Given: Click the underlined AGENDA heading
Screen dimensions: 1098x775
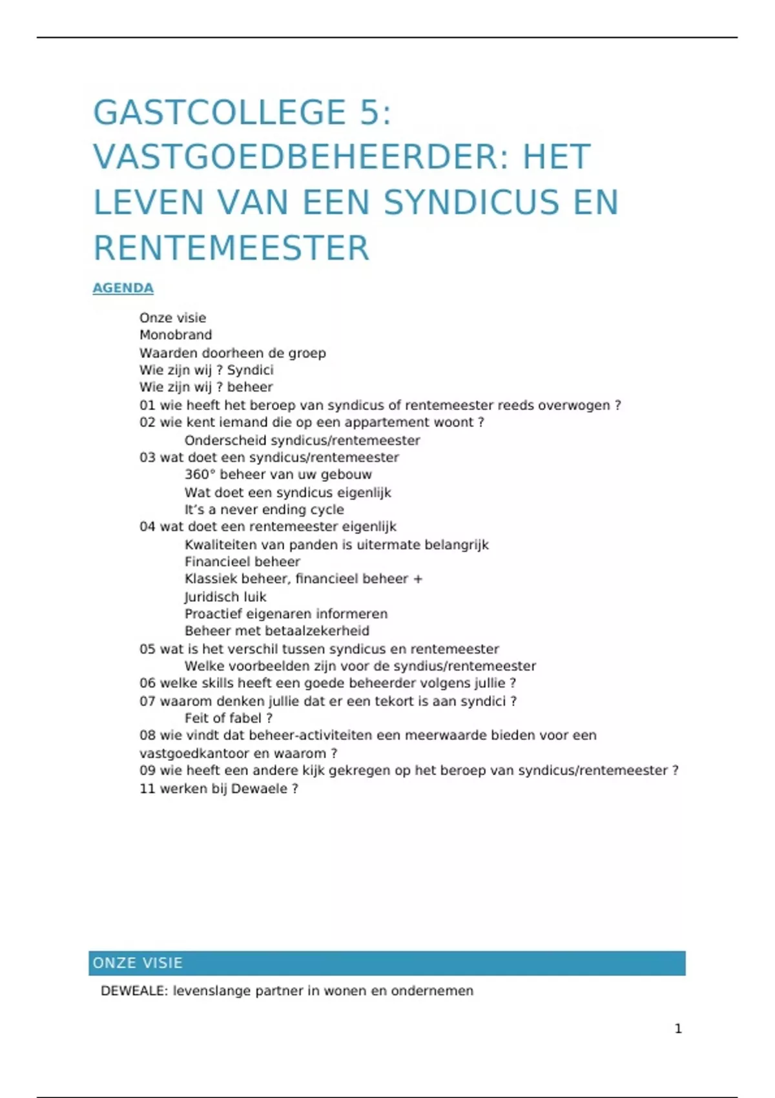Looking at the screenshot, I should pyautogui.click(x=123, y=288).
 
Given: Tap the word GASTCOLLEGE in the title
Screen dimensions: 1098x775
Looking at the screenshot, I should pyautogui.click(x=220, y=112).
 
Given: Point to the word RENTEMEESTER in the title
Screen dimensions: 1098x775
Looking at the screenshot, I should pyautogui.click(x=231, y=248).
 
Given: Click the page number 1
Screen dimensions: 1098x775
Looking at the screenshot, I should pyautogui.click(x=678, y=1028).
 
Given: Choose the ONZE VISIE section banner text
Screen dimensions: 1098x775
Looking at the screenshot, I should pyautogui.click(x=138, y=963).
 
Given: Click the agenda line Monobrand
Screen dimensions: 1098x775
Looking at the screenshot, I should pyautogui.click(x=176, y=335).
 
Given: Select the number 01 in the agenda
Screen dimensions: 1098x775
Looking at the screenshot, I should pyautogui.click(x=147, y=406).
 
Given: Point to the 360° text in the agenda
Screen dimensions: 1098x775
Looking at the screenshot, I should pyautogui.click(x=200, y=475).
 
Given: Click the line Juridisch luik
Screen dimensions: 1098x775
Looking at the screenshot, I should pyautogui.click(x=225, y=597).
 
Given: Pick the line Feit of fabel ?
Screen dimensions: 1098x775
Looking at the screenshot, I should pyautogui.click(x=228, y=718).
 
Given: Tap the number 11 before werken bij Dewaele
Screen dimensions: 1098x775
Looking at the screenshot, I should pyautogui.click(x=147, y=789).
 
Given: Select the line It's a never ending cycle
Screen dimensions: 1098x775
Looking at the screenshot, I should pyautogui.click(x=264, y=510).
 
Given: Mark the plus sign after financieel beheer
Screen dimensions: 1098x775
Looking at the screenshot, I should pyautogui.click(x=418, y=579).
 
